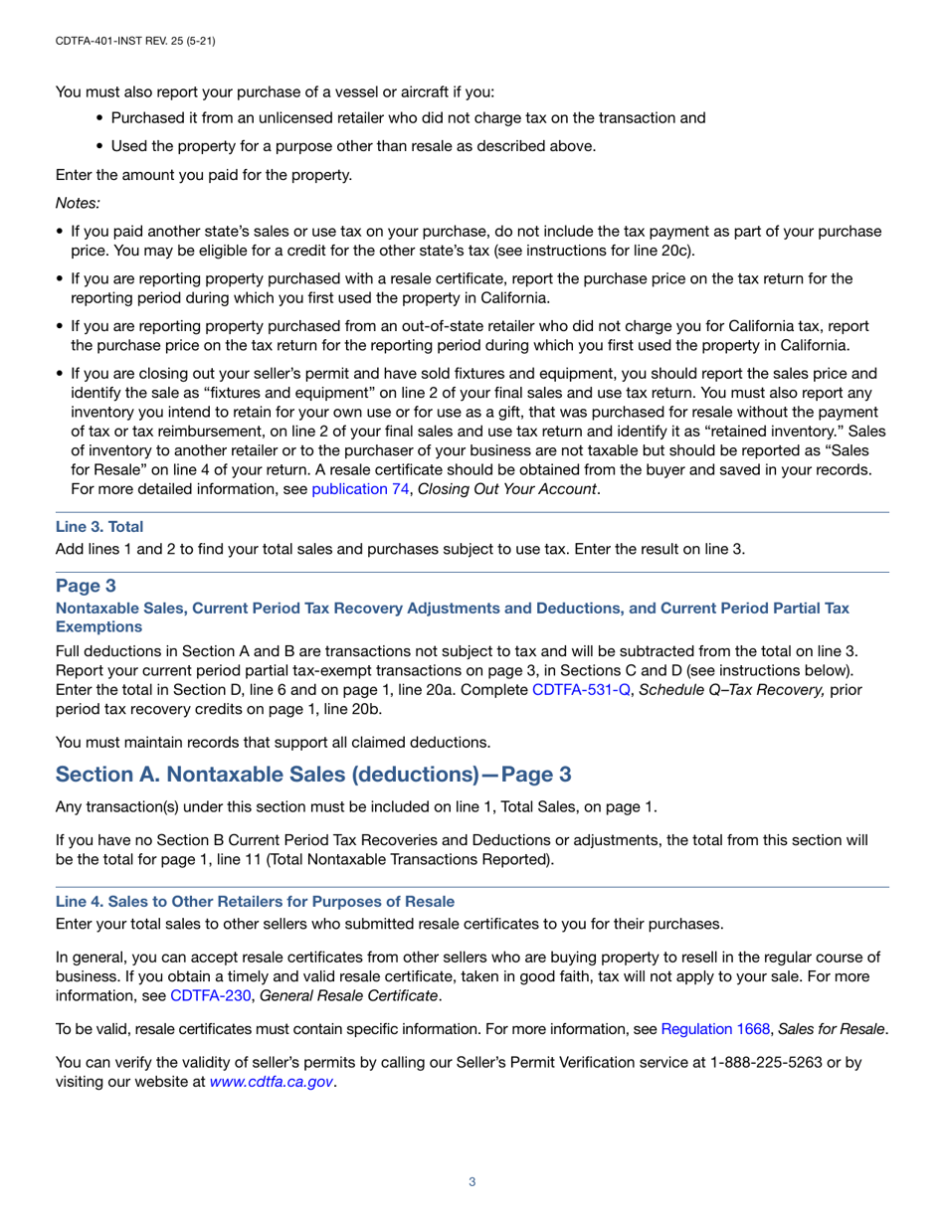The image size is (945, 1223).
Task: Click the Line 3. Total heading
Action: (99, 527)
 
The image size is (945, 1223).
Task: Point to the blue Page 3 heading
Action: (88, 585)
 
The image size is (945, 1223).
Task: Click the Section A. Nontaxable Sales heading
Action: (313, 774)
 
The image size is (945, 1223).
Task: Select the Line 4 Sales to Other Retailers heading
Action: (255, 901)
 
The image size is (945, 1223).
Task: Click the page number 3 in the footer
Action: (472, 1181)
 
